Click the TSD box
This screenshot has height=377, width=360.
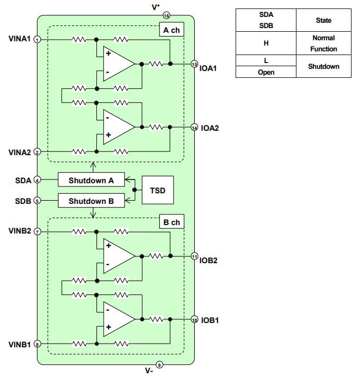158,190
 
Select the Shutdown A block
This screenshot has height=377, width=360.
91,180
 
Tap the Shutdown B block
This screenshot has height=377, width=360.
91,201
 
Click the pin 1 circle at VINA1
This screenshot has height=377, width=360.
37,40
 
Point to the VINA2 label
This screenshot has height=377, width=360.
20,152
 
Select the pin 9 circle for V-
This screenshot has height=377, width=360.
160,364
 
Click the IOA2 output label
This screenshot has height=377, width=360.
211,128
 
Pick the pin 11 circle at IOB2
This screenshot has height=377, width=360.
194,256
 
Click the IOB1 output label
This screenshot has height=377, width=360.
211,320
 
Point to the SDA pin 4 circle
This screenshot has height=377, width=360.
37,180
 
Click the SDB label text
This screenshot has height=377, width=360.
23,201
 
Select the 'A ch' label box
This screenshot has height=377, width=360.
171,30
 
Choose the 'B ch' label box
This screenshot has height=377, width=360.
171,222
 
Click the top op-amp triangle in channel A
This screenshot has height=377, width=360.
118,64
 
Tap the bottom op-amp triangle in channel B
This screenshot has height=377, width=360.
118,319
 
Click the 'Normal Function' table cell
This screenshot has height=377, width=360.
323,43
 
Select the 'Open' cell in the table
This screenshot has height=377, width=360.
266,72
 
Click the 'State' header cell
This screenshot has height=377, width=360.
323,20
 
